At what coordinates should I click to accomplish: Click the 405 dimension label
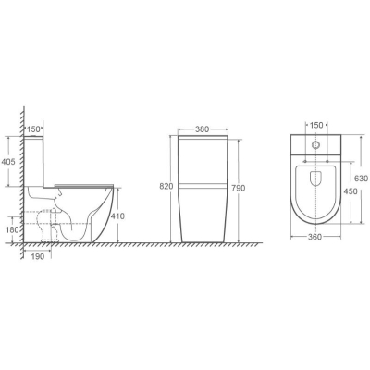(8, 161)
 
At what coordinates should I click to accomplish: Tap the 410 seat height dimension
(117, 216)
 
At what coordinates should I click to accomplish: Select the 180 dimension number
(12, 229)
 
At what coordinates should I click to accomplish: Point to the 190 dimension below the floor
(38, 256)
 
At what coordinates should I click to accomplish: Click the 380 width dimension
(203, 129)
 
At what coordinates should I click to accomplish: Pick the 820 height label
(166, 186)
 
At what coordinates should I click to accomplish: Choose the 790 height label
(238, 188)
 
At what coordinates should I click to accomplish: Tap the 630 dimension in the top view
(361, 179)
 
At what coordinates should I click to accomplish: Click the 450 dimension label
(351, 191)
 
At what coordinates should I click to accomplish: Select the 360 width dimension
(314, 237)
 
